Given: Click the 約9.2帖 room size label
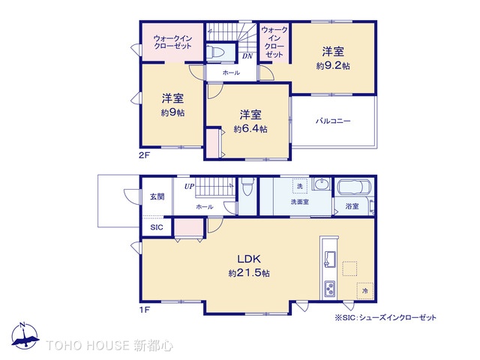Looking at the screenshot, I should click(333, 65).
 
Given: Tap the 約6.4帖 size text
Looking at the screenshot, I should click(250, 128).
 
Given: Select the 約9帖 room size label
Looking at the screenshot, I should click(172, 112).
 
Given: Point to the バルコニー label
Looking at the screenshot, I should click(333, 120).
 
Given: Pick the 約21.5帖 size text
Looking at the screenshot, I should click(248, 273).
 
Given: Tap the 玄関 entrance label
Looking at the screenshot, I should click(156, 196).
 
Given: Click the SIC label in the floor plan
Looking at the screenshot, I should click(156, 226).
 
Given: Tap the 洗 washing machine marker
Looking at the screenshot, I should click(299, 186).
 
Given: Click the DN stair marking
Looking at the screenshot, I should click(247, 55).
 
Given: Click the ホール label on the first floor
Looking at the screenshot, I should click(204, 205).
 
